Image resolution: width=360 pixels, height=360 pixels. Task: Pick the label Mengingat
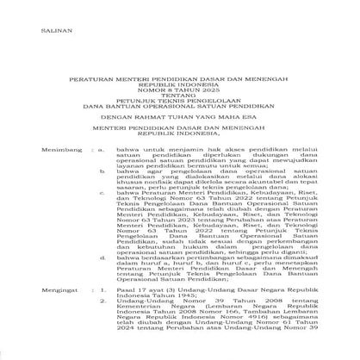(x=35, y=294)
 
